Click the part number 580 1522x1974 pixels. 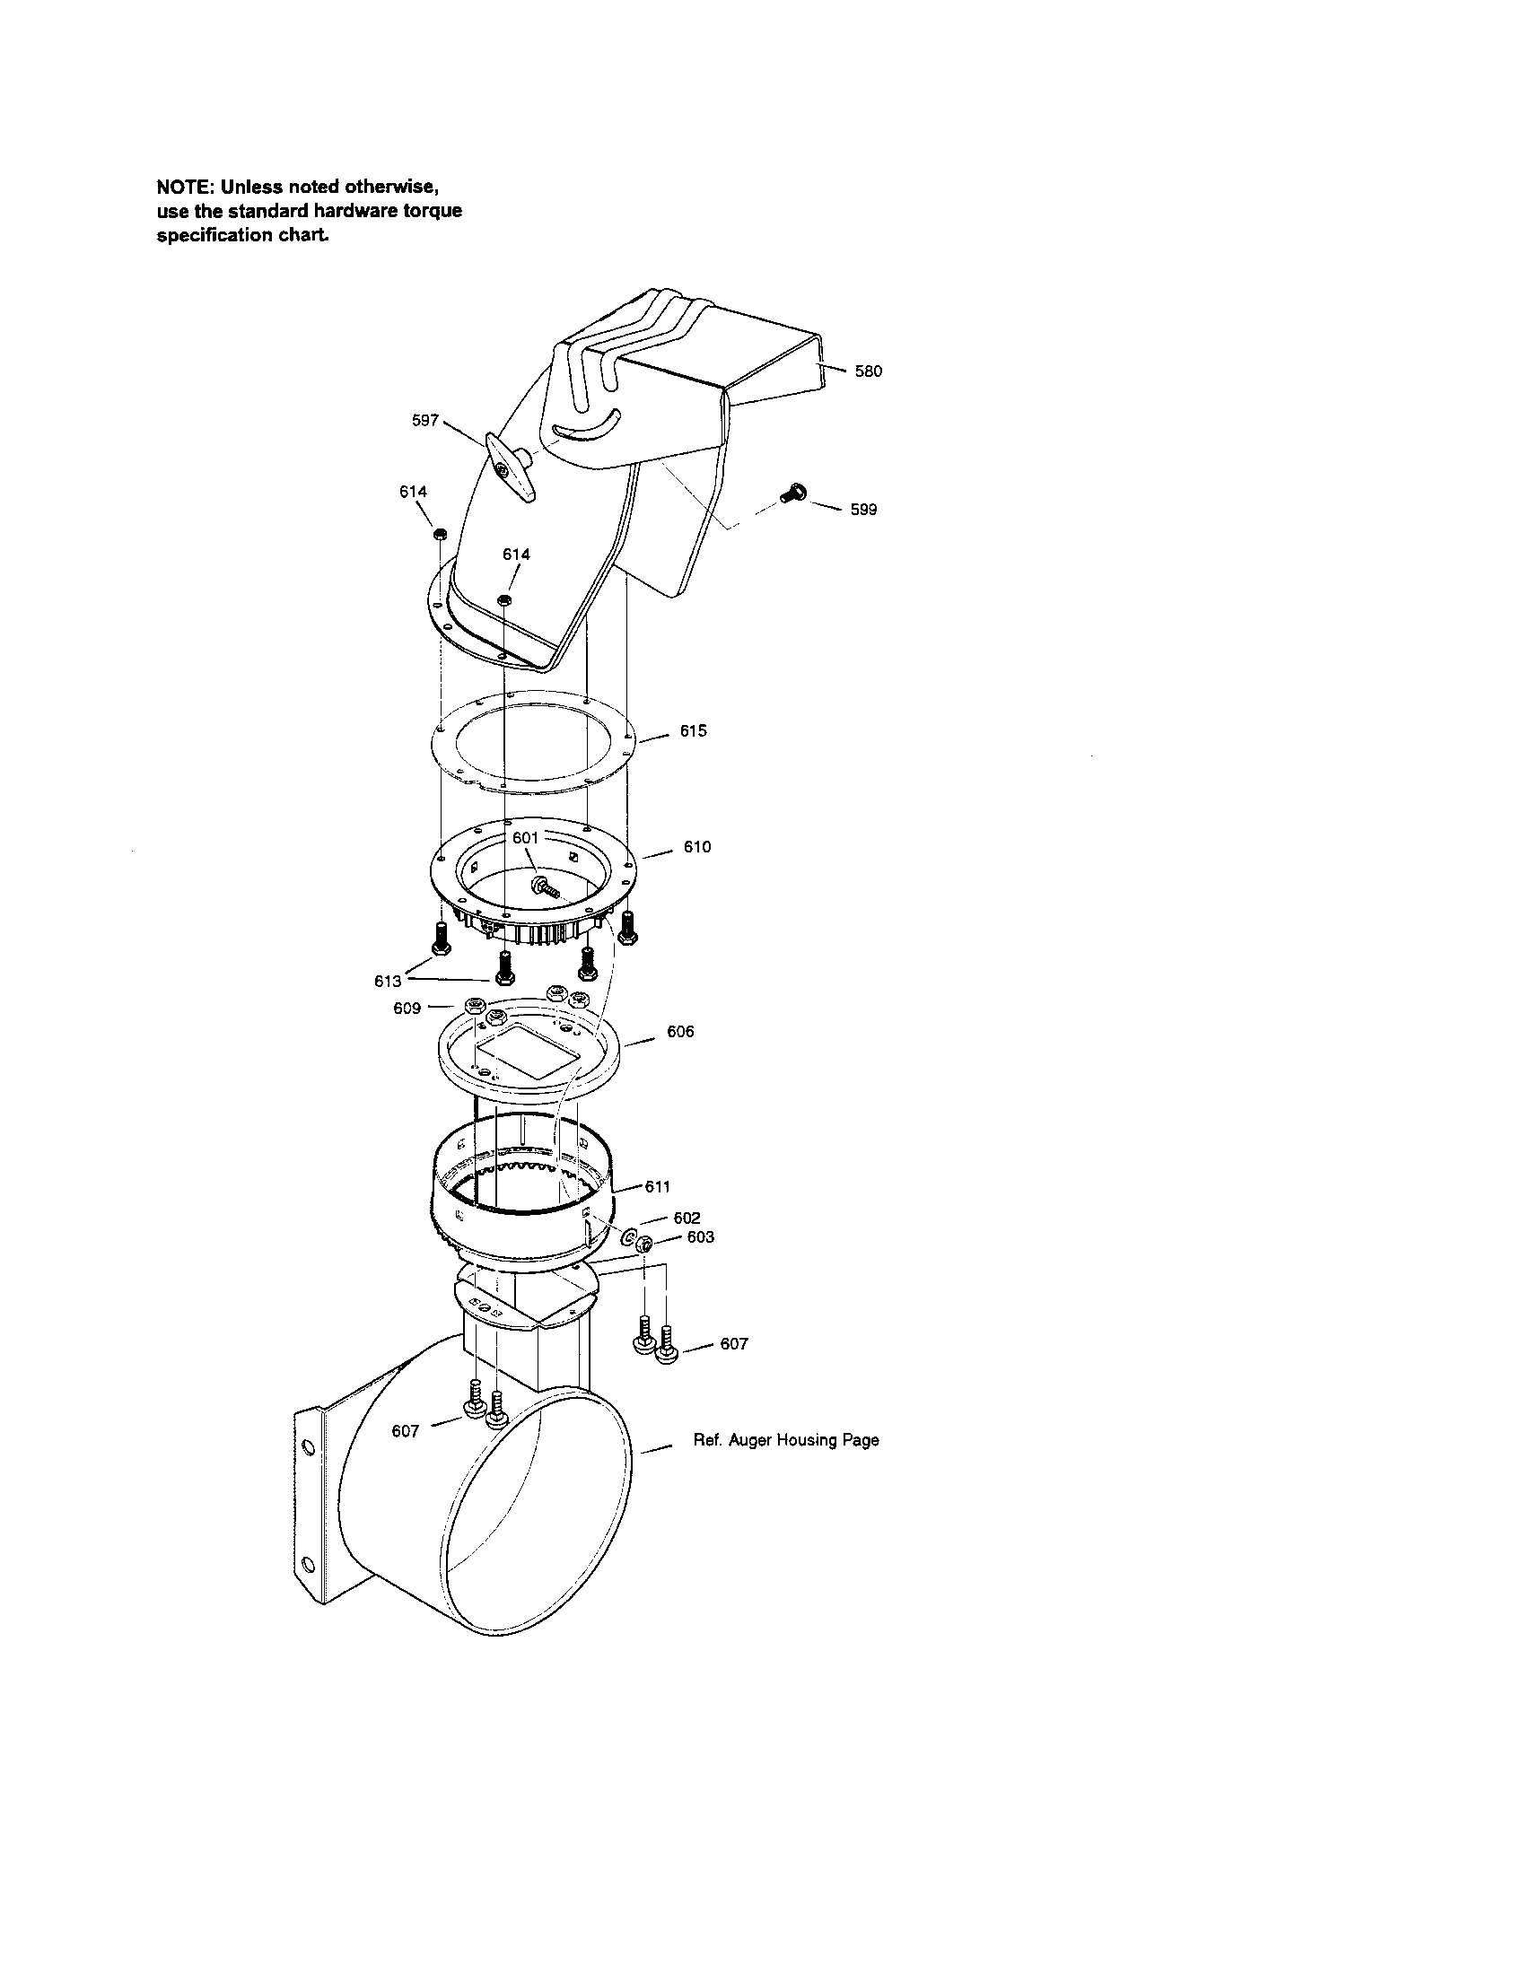pos(868,371)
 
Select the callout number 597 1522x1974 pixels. pos(424,420)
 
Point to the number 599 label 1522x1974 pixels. pos(863,510)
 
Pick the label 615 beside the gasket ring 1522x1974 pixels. pos(693,730)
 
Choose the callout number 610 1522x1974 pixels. pos(696,847)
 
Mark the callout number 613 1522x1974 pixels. pos(387,981)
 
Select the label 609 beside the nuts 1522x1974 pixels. pos(407,1008)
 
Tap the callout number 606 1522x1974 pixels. pos(680,1031)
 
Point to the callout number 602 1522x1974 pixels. pos(687,1218)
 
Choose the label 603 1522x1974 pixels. pos(701,1236)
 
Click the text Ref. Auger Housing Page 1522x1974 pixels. pos(785,1440)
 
